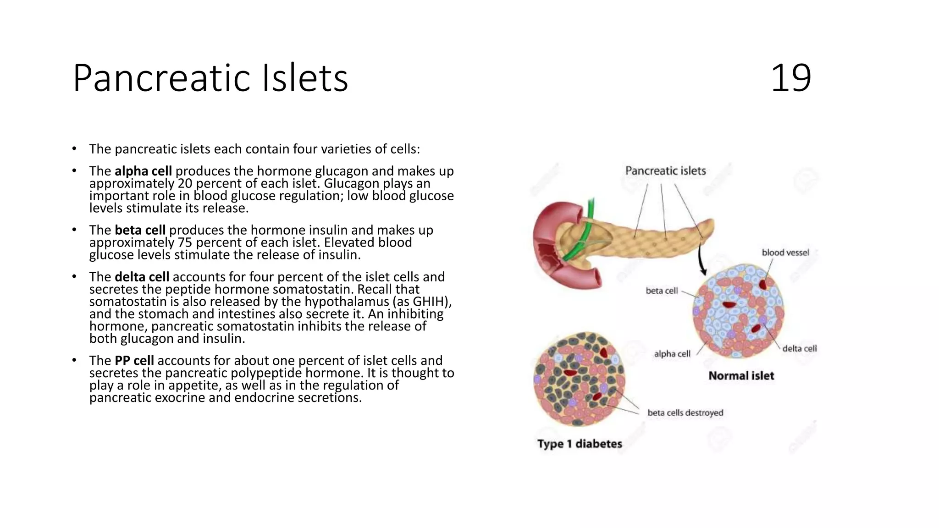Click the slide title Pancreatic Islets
(x=210, y=78)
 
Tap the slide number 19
(x=791, y=78)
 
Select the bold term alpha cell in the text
(x=143, y=171)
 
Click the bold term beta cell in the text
(x=140, y=230)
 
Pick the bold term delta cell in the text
(x=142, y=277)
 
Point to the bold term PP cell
(x=134, y=360)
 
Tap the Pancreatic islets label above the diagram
(x=665, y=171)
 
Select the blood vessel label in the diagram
(x=785, y=253)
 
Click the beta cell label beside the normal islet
(x=661, y=291)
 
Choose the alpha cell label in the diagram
(x=672, y=354)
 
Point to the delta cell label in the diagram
(x=799, y=349)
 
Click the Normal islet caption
(x=741, y=376)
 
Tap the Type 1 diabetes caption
(x=580, y=444)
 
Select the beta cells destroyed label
(x=685, y=413)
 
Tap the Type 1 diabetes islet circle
(x=579, y=379)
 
